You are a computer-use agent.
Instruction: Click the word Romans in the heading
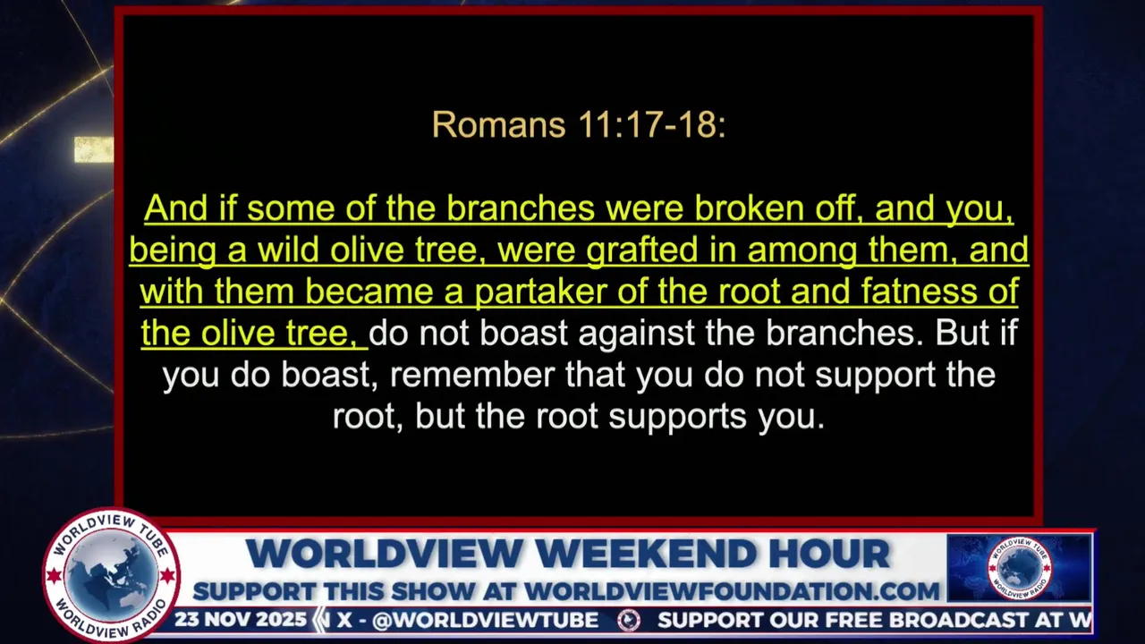tap(499, 124)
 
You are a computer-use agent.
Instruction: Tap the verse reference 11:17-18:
tap(652, 124)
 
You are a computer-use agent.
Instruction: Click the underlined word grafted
tap(642, 251)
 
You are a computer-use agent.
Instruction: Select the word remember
tap(472, 375)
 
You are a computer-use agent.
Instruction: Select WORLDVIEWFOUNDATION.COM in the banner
tap(732, 592)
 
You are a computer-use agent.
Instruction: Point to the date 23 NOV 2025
tap(241, 620)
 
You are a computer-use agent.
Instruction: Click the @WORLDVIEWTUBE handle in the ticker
tap(486, 621)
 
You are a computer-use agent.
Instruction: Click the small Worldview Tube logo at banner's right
tap(1019, 568)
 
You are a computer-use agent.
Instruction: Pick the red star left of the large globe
tap(53, 576)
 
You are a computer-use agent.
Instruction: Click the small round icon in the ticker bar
tap(629, 621)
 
